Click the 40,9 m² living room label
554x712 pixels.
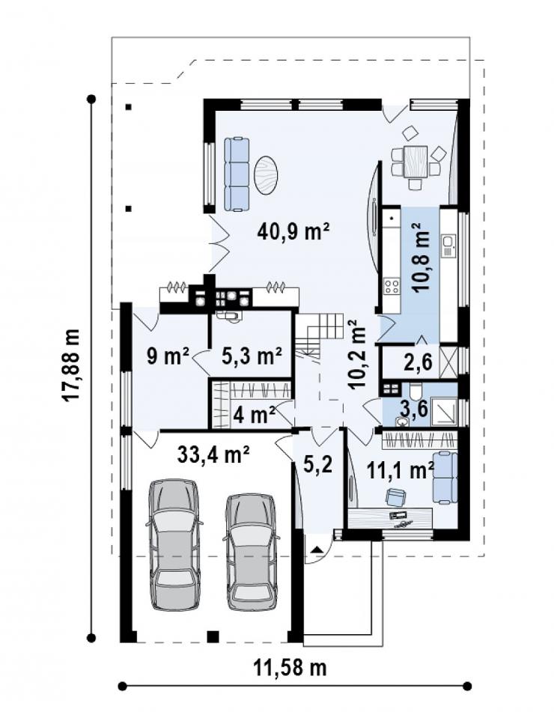coord(293,232)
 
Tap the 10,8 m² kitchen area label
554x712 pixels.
coord(420,257)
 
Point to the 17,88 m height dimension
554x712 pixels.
coord(71,365)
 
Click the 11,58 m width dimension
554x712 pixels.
coord(290,668)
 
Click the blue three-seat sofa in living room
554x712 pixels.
coord(237,174)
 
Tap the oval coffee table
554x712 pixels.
coord(266,175)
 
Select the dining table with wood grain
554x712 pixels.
coord(415,161)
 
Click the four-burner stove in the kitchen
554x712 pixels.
coord(392,286)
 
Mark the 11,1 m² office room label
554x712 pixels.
coord(400,470)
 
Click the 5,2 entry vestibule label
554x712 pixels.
coord(318,464)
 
